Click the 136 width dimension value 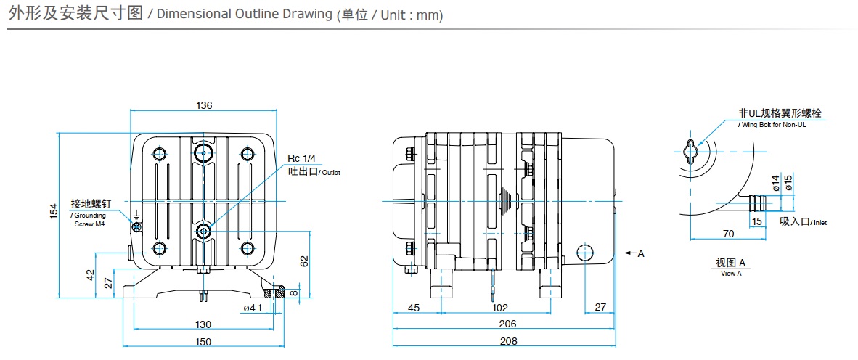coord(204,105)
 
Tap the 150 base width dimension coord(203,342)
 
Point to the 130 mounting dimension coord(203,324)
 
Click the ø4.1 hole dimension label coord(252,308)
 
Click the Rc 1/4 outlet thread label coord(302,159)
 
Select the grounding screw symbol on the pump coord(136,226)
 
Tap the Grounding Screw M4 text coord(89,220)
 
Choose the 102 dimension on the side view coord(499,308)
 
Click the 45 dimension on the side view coord(414,308)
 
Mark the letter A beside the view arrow coord(641,253)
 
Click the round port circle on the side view coord(586,253)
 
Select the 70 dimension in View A coord(729,233)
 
